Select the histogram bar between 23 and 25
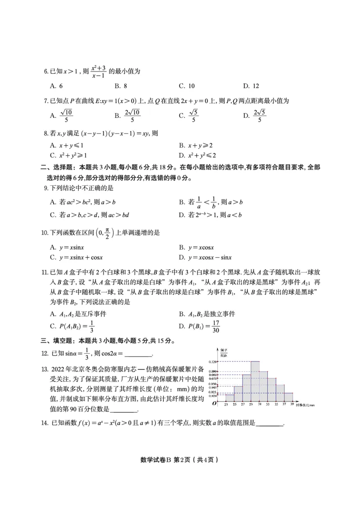click(x=229, y=398)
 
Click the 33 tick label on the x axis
click(x=267, y=405)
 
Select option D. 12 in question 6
click(x=251, y=86)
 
